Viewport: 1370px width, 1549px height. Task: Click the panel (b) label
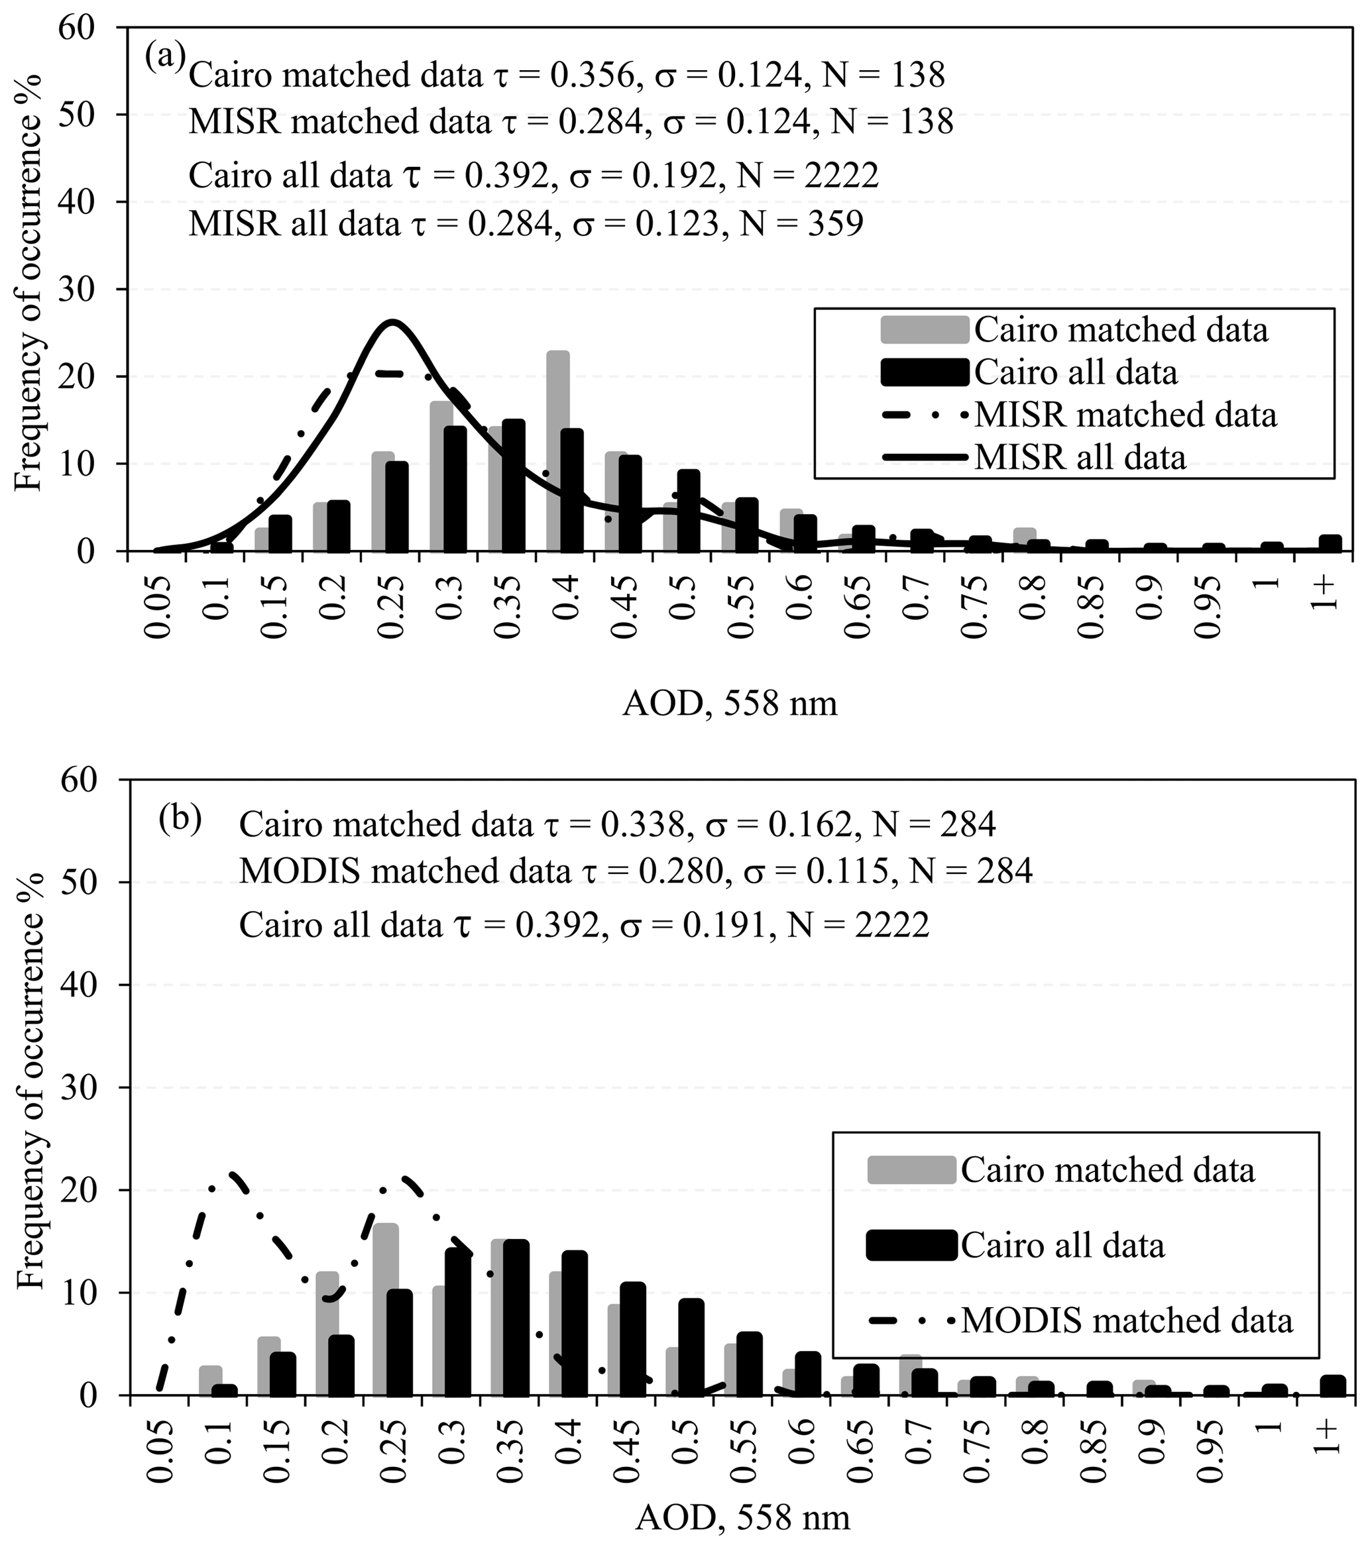tap(180, 820)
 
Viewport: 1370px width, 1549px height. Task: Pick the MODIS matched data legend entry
tap(1127, 1320)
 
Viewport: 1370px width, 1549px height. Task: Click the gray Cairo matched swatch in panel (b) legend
tap(911, 1170)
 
